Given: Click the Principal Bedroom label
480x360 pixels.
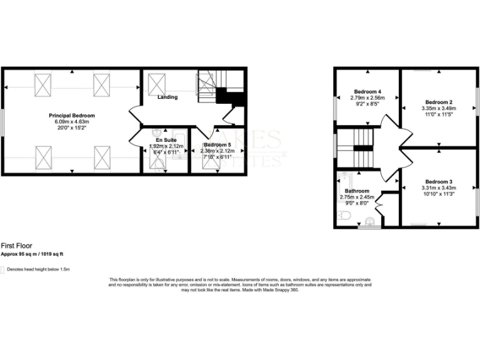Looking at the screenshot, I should click(x=72, y=116).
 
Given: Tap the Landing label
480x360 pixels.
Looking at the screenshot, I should click(x=167, y=97).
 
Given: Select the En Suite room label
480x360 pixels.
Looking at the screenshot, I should click(x=165, y=140).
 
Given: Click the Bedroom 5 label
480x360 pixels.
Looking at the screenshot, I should click(x=219, y=145).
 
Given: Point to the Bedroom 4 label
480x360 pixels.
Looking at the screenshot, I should click(x=367, y=91).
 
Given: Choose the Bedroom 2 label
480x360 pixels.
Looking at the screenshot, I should click(x=438, y=102).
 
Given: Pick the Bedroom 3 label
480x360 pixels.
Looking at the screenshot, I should click(x=437, y=182).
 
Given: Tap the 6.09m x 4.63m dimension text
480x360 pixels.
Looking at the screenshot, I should click(x=72, y=122).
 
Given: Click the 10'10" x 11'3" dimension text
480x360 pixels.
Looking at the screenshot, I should click(x=437, y=194).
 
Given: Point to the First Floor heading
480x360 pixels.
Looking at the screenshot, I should click(x=17, y=246).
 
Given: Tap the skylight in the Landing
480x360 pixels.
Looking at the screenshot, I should click(x=157, y=84).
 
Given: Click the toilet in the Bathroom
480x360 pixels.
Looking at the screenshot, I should click(x=343, y=216).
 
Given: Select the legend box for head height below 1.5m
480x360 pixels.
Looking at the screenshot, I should click(x=2, y=269).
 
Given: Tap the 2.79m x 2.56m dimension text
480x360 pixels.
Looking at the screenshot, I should click(x=367, y=98).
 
